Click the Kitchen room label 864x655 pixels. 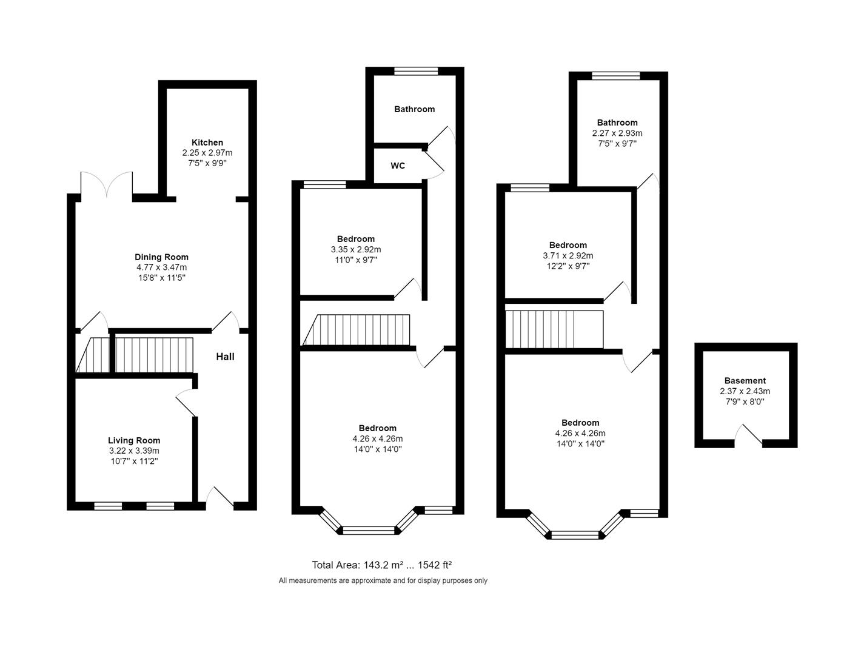click(207, 143)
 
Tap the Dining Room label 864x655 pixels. click(161, 257)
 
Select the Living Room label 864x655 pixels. click(134, 440)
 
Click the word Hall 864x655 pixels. click(225, 357)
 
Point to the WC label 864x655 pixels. click(398, 166)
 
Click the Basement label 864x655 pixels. click(745, 381)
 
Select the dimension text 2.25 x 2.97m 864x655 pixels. click(207, 153)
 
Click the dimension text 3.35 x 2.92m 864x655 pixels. click(356, 249)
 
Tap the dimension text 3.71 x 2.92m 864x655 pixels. click(568, 255)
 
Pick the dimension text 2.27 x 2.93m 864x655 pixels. click(617, 133)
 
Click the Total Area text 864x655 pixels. click(382, 565)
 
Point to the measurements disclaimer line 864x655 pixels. click(383, 580)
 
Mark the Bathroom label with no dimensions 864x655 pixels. click(414, 109)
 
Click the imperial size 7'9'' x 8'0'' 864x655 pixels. click(745, 401)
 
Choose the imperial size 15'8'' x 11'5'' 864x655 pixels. click(161, 278)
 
